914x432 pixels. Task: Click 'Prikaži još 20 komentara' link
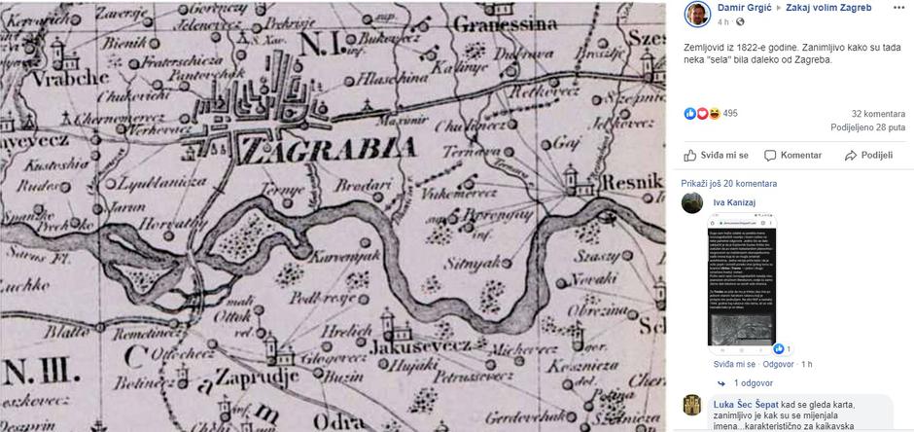(729, 183)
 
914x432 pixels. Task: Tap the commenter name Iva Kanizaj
(733, 202)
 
